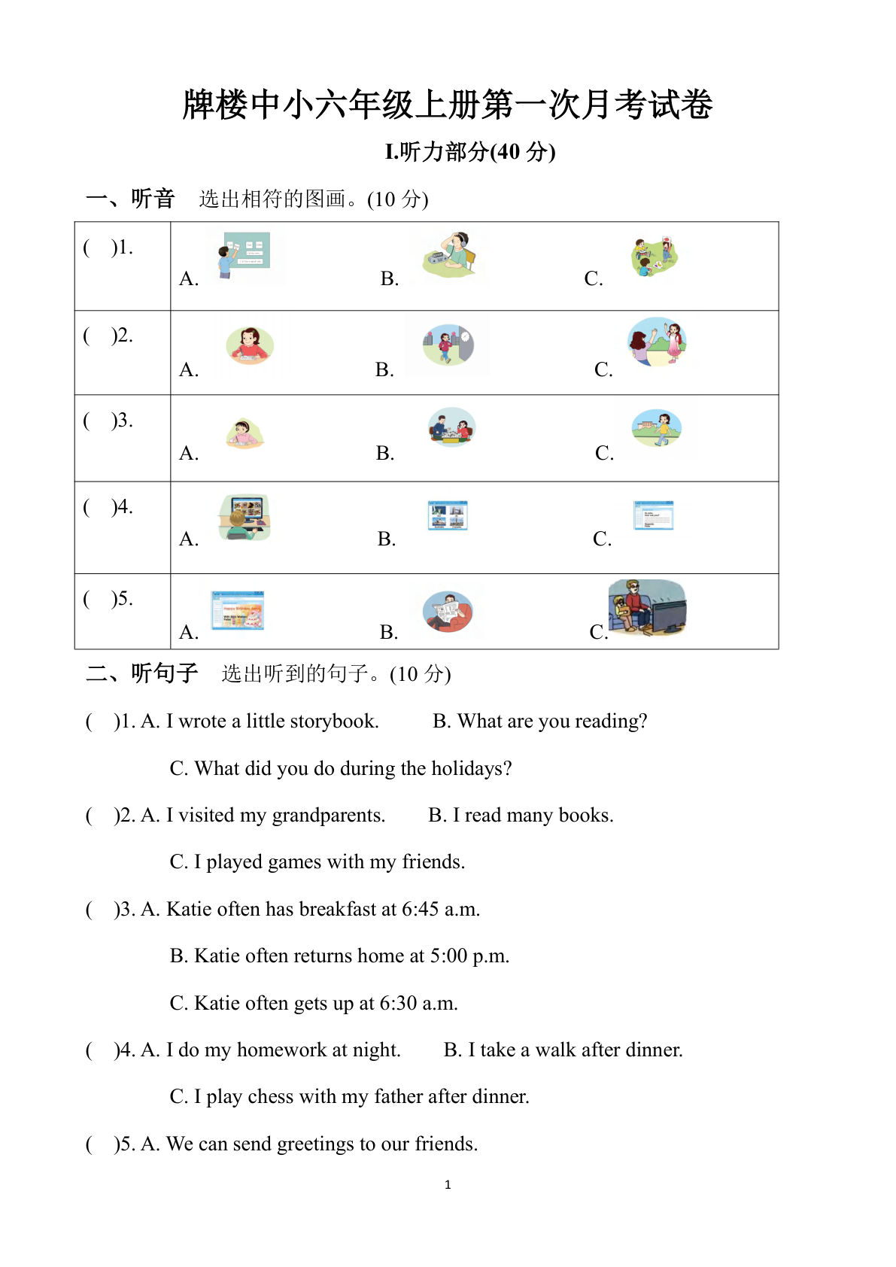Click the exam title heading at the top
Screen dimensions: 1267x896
(448, 105)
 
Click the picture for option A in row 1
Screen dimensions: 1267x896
(245, 255)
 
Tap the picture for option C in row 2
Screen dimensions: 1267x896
(657, 342)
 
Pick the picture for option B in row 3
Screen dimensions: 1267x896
(451, 427)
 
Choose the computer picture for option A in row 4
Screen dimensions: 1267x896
(245, 518)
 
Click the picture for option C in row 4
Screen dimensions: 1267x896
(653, 515)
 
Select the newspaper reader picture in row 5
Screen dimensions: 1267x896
(448, 611)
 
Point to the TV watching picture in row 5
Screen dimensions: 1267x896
(647, 608)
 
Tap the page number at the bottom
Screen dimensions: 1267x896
(448, 1185)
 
